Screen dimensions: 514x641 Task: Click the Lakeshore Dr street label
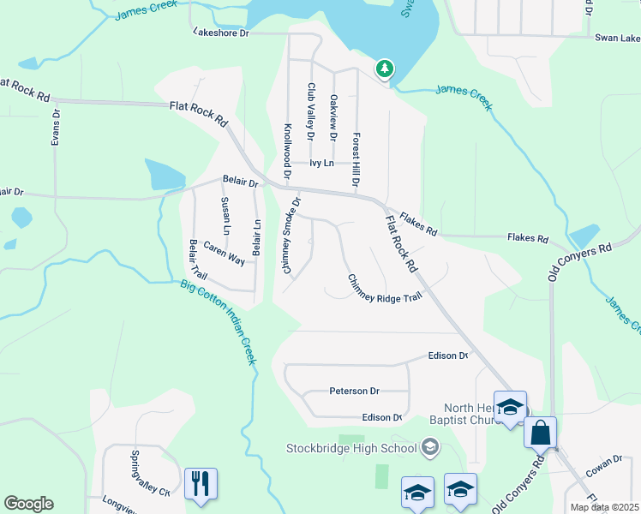tap(221, 33)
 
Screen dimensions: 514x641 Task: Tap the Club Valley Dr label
tap(311, 111)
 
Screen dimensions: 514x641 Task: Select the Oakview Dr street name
tap(333, 117)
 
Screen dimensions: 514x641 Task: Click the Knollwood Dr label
tap(287, 149)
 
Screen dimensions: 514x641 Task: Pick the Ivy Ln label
tap(320, 162)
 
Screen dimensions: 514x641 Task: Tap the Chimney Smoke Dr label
tap(291, 236)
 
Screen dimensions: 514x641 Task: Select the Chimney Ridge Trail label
tap(385, 288)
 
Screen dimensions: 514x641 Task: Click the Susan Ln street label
tap(225, 216)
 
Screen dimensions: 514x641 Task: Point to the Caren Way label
tap(225, 254)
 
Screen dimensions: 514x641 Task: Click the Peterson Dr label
tap(354, 391)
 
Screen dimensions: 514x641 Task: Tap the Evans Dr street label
tap(56, 126)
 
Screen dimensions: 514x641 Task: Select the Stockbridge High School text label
tap(351, 447)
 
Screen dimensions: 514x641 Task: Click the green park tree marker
tap(385, 68)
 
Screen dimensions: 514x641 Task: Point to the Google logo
tap(28, 504)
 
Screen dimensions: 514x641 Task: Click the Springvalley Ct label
tap(149, 473)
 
